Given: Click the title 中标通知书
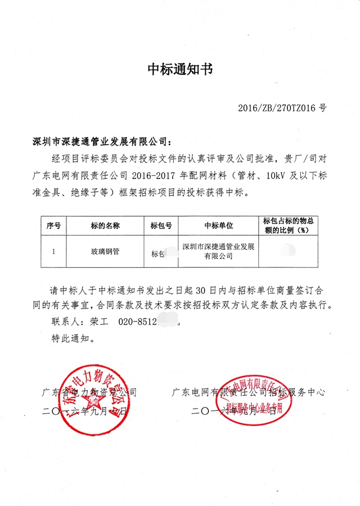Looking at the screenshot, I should (x=180, y=70).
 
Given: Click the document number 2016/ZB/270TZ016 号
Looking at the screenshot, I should (x=282, y=107).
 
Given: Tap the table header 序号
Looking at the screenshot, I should (x=53, y=226).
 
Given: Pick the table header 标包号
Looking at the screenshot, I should (x=161, y=226).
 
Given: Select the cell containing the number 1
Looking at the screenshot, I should (x=53, y=252).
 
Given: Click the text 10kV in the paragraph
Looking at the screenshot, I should (x=278, y=176).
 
